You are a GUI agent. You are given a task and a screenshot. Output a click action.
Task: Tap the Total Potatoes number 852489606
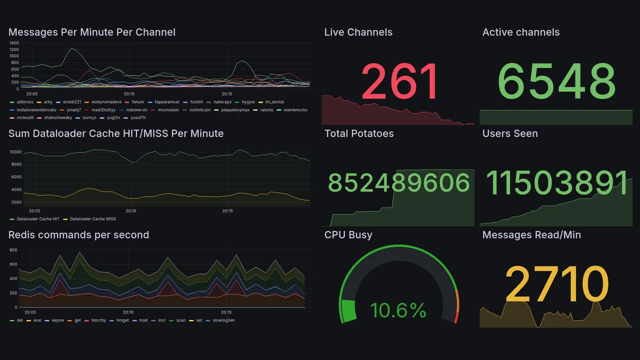399,183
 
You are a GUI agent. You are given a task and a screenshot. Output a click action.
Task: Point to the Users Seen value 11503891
556,183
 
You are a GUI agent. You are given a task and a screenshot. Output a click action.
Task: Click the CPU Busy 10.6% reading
398,310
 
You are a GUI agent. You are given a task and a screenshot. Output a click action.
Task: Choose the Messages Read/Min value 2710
556,284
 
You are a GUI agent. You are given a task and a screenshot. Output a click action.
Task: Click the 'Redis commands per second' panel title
79,235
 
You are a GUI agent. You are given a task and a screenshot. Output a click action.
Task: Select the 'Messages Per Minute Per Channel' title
92,32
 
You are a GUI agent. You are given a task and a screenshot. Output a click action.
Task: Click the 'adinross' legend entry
24,102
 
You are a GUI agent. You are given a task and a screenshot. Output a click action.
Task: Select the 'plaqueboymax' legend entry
235,110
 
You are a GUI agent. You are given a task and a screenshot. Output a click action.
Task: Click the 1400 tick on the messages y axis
14,43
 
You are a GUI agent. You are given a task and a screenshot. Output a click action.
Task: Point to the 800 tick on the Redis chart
13,249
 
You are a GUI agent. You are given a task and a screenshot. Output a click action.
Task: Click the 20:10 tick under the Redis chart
128,312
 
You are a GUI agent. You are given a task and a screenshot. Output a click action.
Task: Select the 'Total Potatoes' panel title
359,133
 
